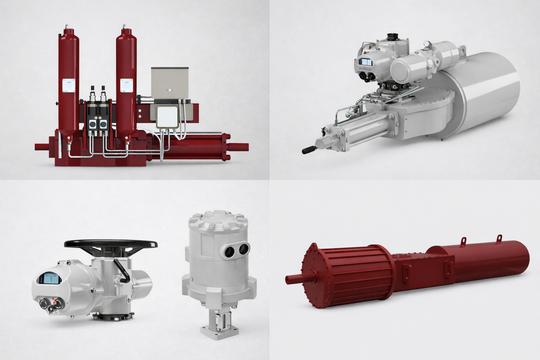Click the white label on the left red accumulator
[69, 86]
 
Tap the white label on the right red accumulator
[127, 86]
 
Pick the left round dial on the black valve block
[93, 124]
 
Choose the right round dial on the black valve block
[103, 124]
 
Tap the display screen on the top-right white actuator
[366, 62]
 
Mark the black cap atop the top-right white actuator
[392, 37]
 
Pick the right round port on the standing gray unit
[244, 250]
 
